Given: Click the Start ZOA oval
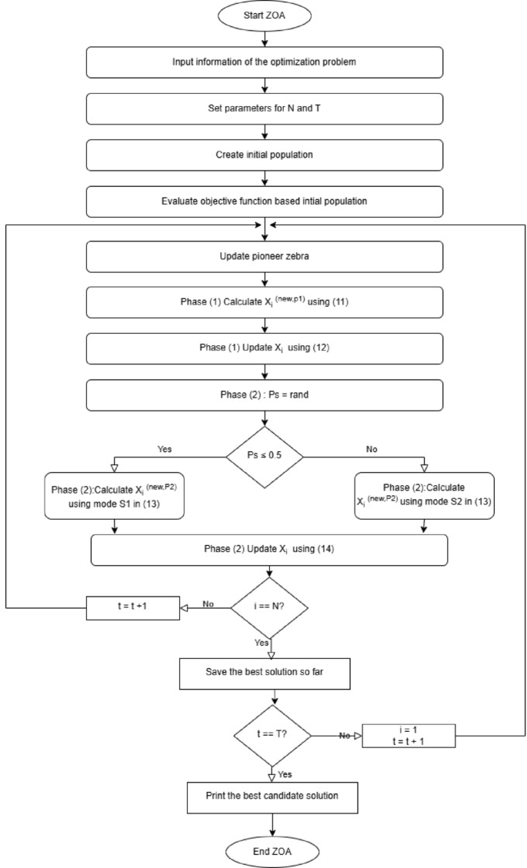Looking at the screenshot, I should click(265, 15).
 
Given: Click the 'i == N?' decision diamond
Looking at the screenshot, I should click(271, 606).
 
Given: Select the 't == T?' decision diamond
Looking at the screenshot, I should click(271, 734).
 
